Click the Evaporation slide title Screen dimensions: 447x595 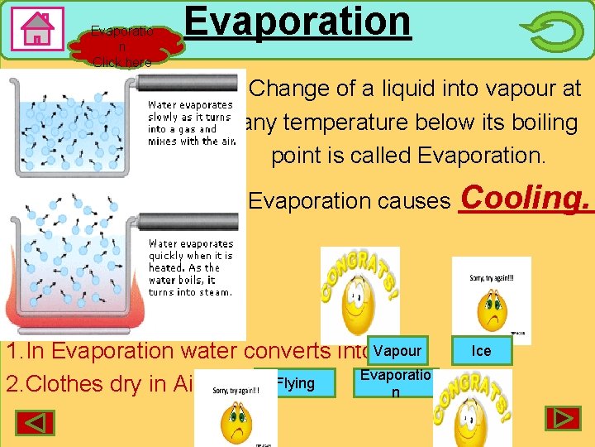pos(297,22)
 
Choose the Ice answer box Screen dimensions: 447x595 pos(481,350)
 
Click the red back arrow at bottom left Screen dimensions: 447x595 pos(34,422)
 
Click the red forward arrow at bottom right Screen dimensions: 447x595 pos(562,418)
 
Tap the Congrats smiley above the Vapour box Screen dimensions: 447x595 pos(359,294)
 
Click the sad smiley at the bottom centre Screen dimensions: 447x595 pos(236,410)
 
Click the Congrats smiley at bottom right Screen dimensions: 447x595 pos(472,408)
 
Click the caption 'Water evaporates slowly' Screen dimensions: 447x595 pos(190,123)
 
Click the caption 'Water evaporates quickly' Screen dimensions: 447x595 pos(190,267)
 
